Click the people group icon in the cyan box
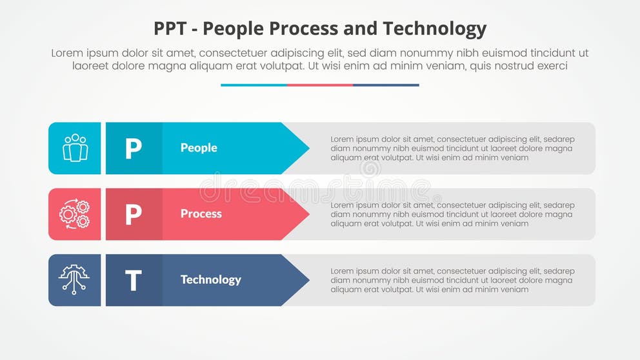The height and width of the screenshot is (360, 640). click(x=75, y=148)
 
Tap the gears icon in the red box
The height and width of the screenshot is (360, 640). click(x=75, y=214)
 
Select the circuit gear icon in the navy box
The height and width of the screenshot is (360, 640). click(x=75, y=280)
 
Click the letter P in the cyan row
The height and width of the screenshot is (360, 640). click(x=133, y=148)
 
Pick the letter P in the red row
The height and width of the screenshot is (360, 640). click(x=133, y=214)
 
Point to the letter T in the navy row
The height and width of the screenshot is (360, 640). click(x=133, y=280)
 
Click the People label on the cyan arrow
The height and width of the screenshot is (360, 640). click(x=199, y=148)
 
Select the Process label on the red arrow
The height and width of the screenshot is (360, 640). click(x=201, y=214)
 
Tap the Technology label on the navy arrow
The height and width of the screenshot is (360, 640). click(x=210, y=279)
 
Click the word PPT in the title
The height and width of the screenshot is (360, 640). click(x=171, y=29)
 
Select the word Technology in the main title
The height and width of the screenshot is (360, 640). click(x=434, y=29)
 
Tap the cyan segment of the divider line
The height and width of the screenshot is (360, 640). click(x=254, y=85)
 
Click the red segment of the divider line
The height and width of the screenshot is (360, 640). click(x=320, y=85)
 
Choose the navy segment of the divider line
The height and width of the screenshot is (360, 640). click(x=386, y=85)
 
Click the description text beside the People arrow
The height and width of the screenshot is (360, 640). click(x=452, y=148)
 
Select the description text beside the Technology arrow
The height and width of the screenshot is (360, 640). click(x=452, y=280)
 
